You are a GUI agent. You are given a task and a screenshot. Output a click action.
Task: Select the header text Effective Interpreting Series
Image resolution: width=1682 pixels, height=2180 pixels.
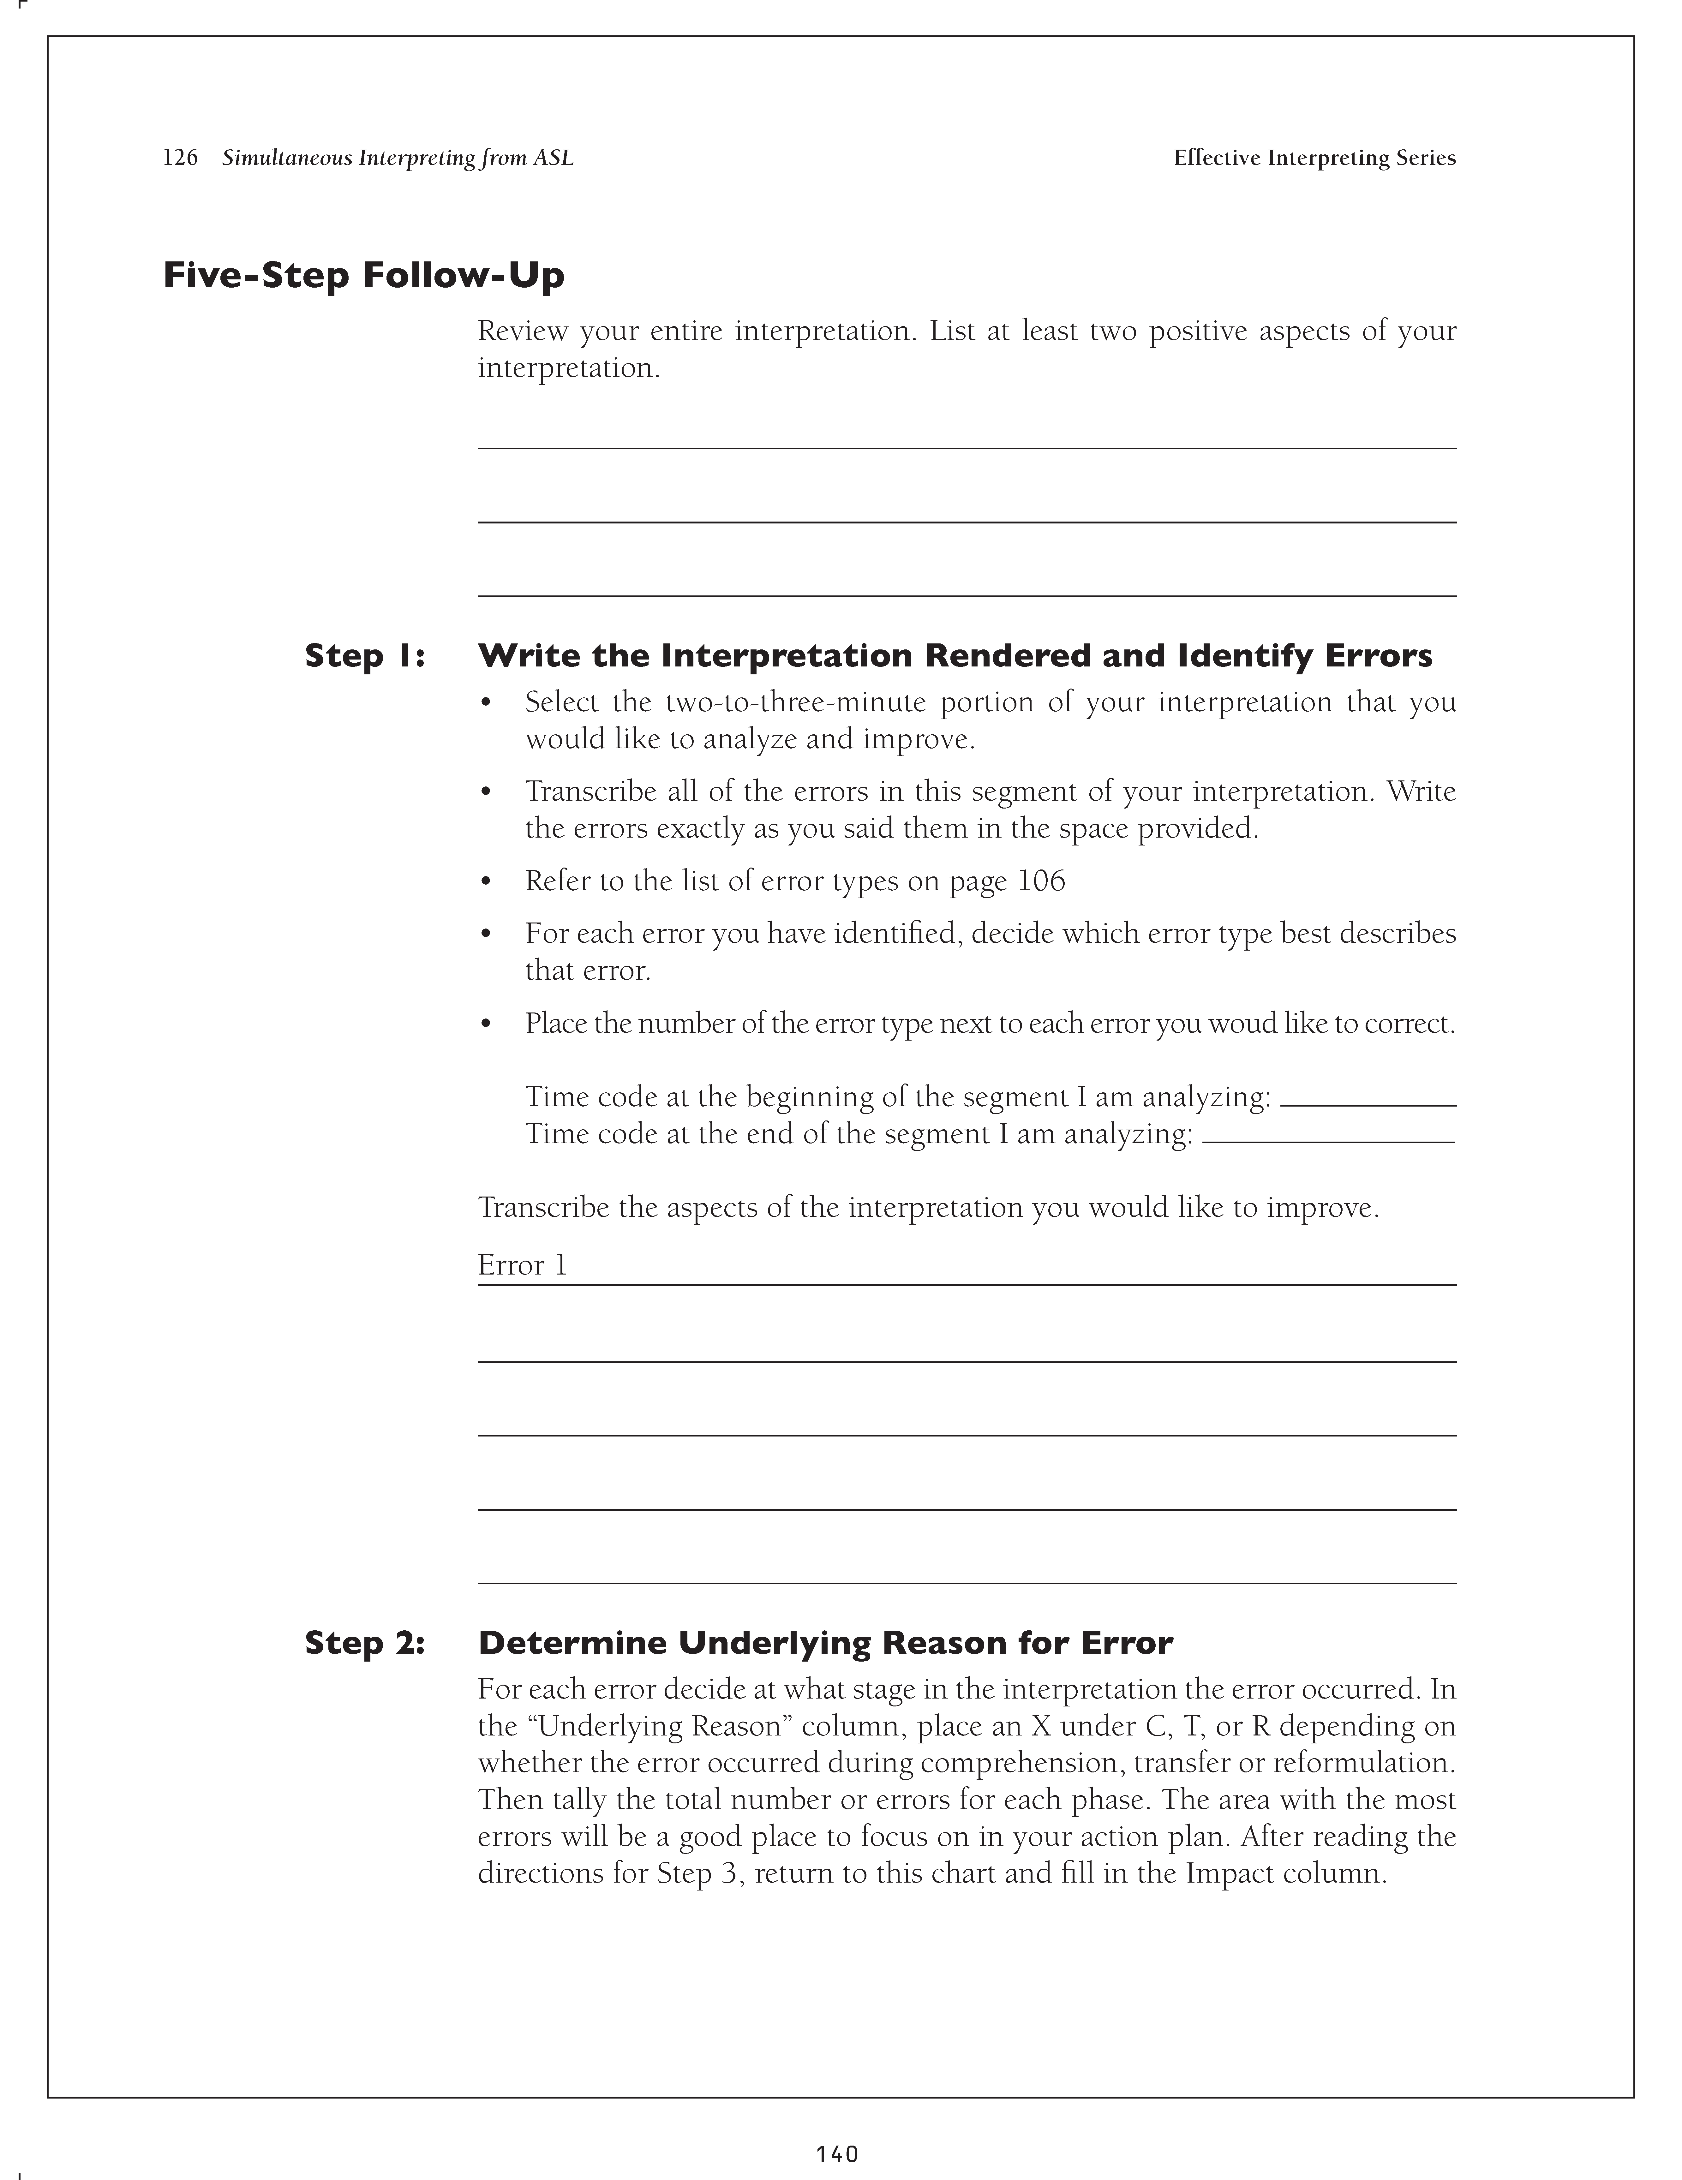tap(1314, 158)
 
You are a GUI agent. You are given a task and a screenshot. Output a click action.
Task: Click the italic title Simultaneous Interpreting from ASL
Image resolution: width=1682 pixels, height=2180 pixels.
tap(397, 158)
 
